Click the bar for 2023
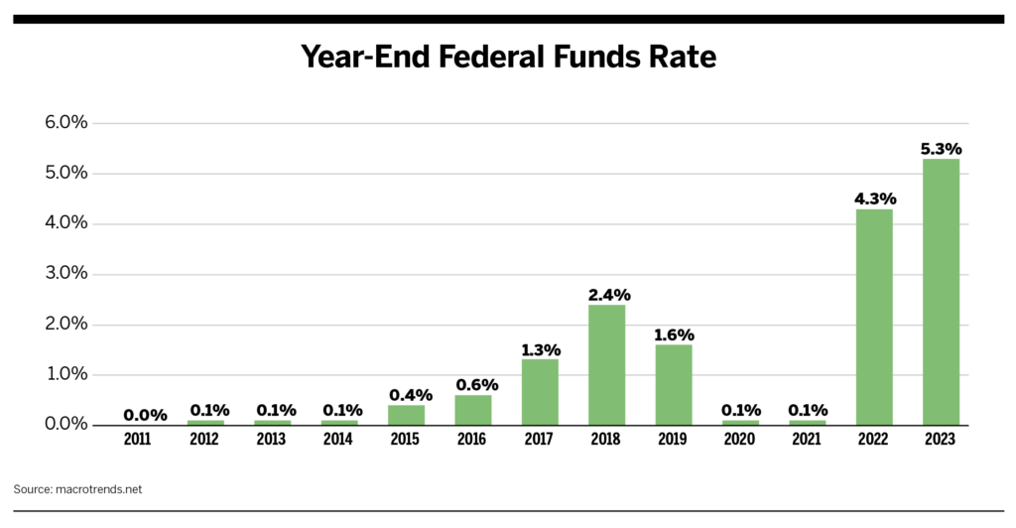click(x=941, y=292)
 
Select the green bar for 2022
click(x=874, y=317)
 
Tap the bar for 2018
click(x=606, y=364)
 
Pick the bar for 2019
click(x=673, y=384)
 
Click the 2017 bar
click(x=540, y=392)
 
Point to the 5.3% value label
click(x=941, y=149)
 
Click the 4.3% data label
click(x=874, y=198)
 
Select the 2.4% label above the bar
click(x=606, y=295)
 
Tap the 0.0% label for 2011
click(x=145, y=415)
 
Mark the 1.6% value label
click(x=673, y=334)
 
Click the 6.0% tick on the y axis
click(x=66, y=123)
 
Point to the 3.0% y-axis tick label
click(x=66, y=274)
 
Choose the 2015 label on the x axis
click(x=406, y=440)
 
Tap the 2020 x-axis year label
click(x=740, y=440)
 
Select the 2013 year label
click(x=273, y=440)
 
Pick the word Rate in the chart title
click(x=683, y=59)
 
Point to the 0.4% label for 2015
click(x=407, y=395)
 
